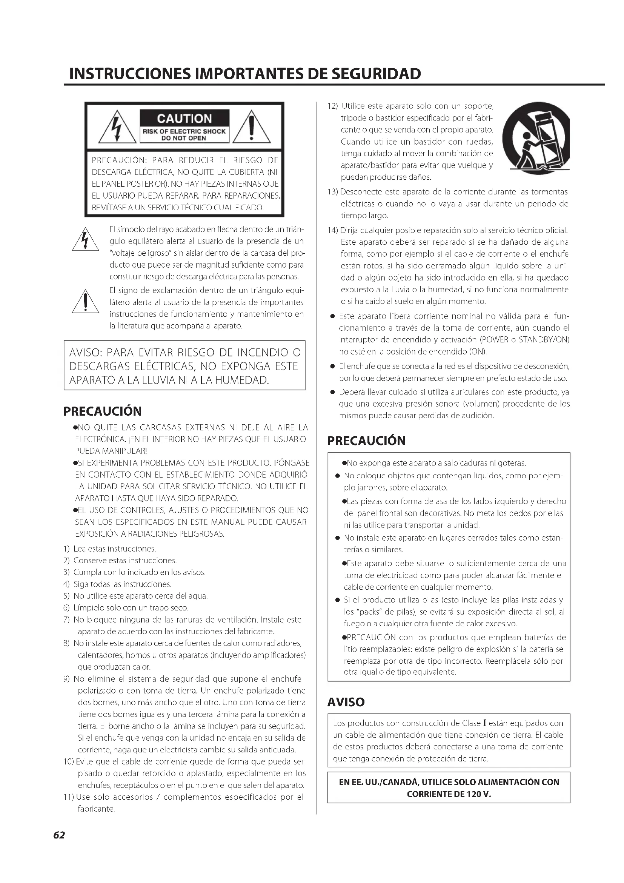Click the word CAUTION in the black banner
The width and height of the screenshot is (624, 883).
point(184,119)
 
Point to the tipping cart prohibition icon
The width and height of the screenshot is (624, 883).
point(536,137)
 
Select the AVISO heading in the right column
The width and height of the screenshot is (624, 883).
point(346,702)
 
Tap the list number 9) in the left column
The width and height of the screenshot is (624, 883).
point(66,679)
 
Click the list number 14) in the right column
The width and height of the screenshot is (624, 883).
point(333,230)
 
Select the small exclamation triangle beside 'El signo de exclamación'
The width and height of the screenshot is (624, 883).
point(86,302)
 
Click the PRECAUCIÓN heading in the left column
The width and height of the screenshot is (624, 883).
point(103,411)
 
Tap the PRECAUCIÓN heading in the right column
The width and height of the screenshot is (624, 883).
point(366,441)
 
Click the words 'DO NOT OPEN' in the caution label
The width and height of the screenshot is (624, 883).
point(184,138)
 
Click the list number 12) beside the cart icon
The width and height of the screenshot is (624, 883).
point(333,106)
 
